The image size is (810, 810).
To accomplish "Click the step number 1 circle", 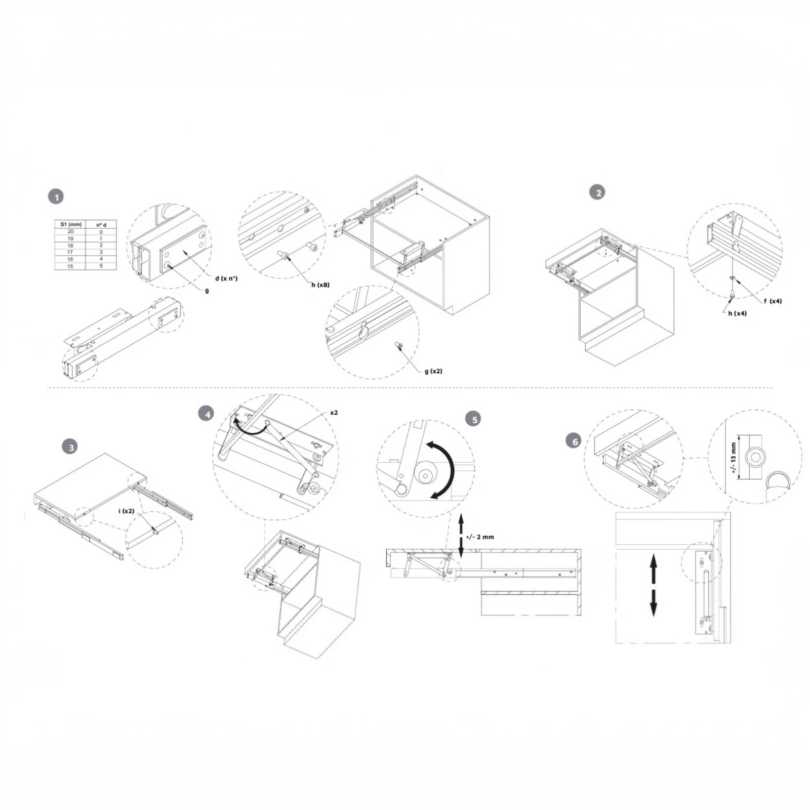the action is point(56,197).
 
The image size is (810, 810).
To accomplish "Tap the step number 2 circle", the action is point(597,192).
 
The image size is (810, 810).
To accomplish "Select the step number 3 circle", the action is point(71,447).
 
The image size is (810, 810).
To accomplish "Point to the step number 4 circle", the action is point(206,414).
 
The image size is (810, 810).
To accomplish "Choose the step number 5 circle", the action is point(474,419).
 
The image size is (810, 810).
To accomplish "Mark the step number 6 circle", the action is point(574,441).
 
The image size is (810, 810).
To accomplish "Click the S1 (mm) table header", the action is point(70,224).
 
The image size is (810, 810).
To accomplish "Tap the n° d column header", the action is point(101,224).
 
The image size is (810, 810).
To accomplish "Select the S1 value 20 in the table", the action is point(70,231).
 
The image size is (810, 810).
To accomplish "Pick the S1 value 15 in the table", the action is point(70,266).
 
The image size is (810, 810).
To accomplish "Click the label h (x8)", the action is point(320,285).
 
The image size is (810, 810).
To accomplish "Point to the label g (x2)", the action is point(433,371).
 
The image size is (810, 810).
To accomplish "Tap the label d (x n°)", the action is point(226,278).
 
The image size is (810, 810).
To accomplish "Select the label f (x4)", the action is point(773,301).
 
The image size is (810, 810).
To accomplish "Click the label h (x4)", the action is point(737,313).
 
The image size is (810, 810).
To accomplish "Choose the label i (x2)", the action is point(127,511).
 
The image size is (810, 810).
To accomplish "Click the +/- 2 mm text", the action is point(479,537).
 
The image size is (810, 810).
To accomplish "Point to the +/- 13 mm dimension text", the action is point(733,457).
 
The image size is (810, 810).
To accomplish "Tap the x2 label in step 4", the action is point(334,413).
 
